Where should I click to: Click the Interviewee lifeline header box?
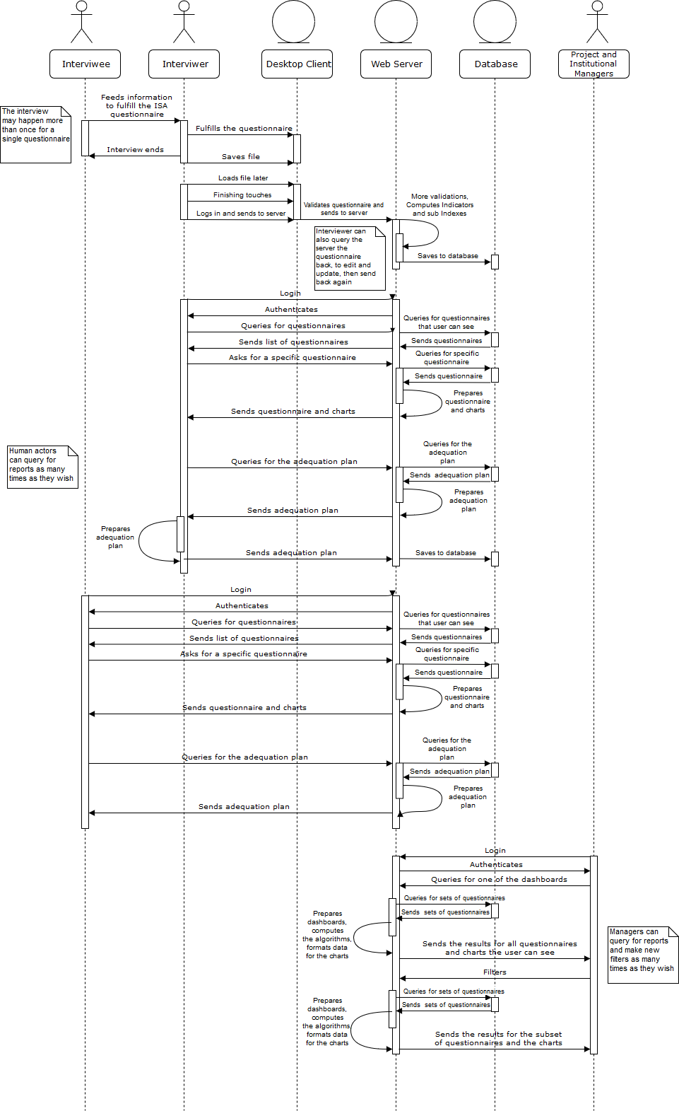pyautogui.click(x=85, y=64)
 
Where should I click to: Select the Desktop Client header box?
pyautogui.click(x=297, y=64)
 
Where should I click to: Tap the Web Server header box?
pyautogui.click(x=396, y=64)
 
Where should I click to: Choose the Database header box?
pyautogui.click(x=495, y=64)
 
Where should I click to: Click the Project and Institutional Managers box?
pyautogui.click(x=594, y=64)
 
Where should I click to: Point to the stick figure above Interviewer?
pyautogui.click(x=184, y=22)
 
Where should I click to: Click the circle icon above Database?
pyautogui.click(x=495, y=22)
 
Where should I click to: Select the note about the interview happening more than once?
pyautogui.click(x=35, y=134)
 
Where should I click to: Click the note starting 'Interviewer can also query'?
pyautogui.click(x=350, y=258)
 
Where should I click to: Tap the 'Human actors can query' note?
pyautogui.click(x=42, y=467)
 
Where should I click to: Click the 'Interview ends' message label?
pyautogui.click(x=135, y=150)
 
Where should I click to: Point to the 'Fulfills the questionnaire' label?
pyautogui.click(x=244, y=129)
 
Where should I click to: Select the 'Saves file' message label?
pyautogui.click(x=241, y=157)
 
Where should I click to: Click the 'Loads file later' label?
pyautogui.click(x=243, y=178)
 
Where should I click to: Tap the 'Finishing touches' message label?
pyautogui.click(x=242, y=195)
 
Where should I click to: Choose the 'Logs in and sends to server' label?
pyautogui.click(x=241, y=214)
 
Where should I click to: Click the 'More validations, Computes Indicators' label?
pyautogui.click(x=439, y=205)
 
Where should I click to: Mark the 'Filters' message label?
pyautogui.click(x=495, y=972)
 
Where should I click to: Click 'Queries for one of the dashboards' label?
pyautogui.click(x=499, y=880)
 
